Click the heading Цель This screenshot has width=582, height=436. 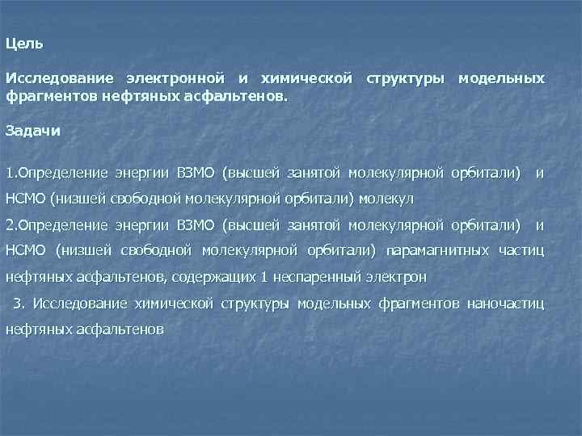[24, 43]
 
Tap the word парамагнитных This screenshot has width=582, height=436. [437, 250]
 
